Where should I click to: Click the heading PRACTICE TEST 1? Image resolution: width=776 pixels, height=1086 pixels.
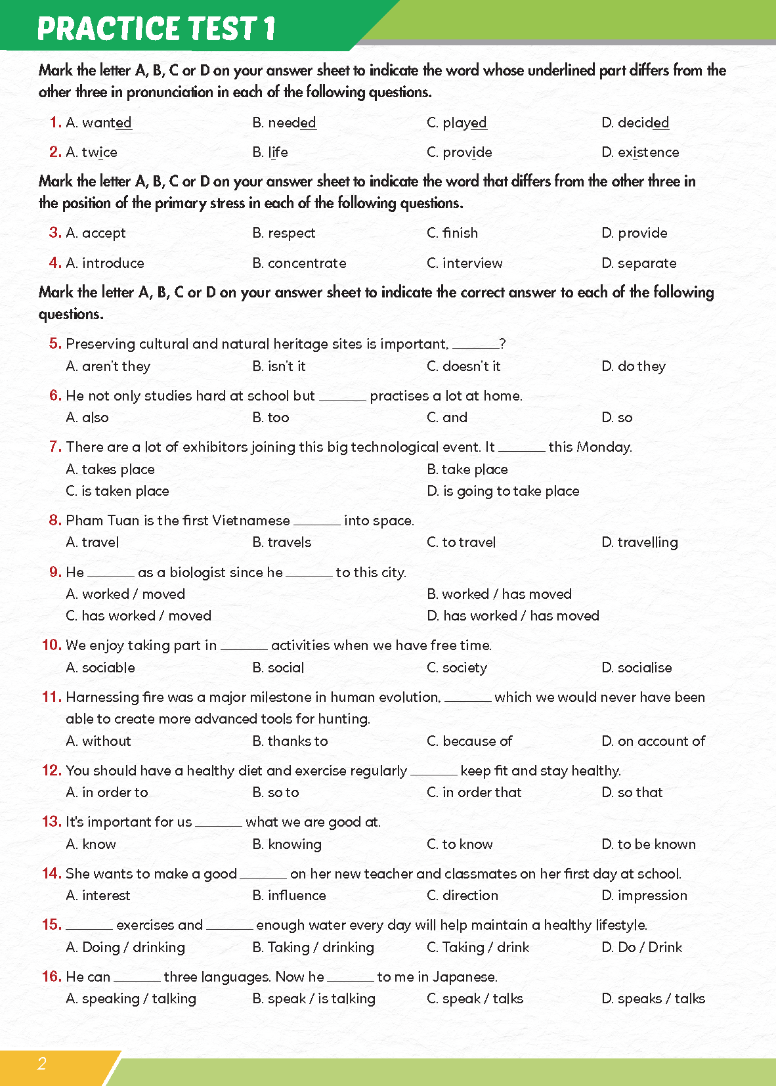pyautogui.click(x=156, y=29)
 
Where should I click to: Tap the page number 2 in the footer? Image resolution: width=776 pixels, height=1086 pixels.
pyautogui.click(x=42, y=1064)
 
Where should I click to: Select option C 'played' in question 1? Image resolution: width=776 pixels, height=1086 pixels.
pyautogui.click(x=457, y=123)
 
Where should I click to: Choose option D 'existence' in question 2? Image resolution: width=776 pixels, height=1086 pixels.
pyautogui.click(x=640, y=152)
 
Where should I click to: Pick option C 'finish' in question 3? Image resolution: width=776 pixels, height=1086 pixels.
pyautogui.click(x=452, y=233)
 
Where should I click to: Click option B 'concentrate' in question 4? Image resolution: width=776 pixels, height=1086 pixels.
pyautogui.click(x=299, y=263)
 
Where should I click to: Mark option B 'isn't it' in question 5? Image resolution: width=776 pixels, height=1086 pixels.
pyautogui.click(x=279, y=366)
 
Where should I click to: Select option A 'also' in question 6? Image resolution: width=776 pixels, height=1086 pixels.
pyautogui.click(x=87, y=418)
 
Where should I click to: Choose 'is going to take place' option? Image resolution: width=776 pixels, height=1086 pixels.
pyautogui.click(x=503, y=491)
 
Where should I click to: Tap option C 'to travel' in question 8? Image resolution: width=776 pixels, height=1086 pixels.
pyautogui.click(x=461, y=542)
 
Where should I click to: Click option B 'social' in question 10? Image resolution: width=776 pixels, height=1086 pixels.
pyautogui.click(x=278, y=668)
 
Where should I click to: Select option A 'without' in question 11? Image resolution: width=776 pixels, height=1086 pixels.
pyautogui.click(x=98, y=741)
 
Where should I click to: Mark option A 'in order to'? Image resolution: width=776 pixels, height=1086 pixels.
pyautogui.click(x=107, y=793)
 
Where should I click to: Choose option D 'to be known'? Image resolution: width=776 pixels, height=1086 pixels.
pyautogui.click(x=649, y=844)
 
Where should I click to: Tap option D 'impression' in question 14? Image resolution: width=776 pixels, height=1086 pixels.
pyautogui.click(x=644, y=896)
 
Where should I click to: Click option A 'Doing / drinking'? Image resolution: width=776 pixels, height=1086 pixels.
pyautogui.click(x=125, y=947)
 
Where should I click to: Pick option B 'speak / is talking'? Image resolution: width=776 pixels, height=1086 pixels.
pyautogui.click(x=314, y=999)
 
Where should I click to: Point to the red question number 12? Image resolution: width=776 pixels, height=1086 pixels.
pyautogui.click(x=51, y=770)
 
